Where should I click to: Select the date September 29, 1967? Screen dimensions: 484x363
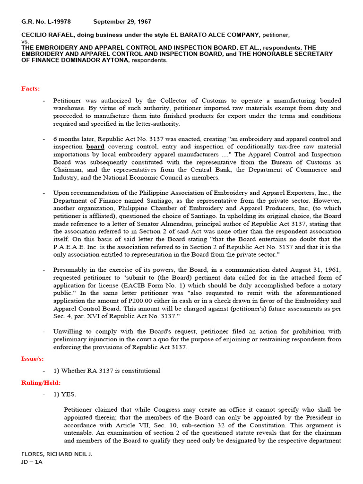point(122,22)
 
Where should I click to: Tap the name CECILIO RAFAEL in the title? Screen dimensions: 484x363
point(47,35)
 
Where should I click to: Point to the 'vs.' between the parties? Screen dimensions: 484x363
point(25,42)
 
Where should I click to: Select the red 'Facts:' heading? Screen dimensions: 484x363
point(31,89)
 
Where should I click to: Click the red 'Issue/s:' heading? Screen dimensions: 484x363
point(32,359)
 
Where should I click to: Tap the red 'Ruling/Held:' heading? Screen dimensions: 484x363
point(41,382)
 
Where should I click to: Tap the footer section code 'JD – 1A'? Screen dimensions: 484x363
point(32,462)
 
